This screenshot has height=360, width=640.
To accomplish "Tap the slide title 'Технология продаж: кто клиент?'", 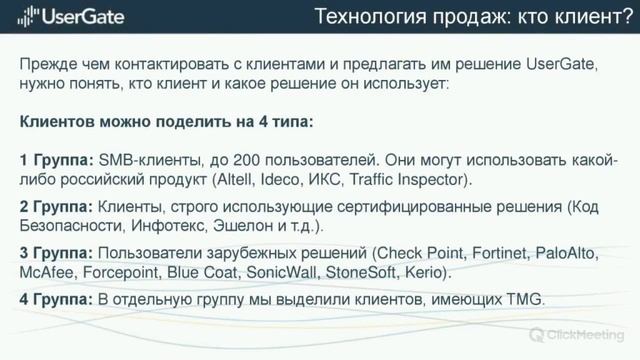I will (470, 16).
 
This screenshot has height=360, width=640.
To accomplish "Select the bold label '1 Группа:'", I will (56, 160).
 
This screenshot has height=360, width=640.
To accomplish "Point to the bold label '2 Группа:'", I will (56, 207).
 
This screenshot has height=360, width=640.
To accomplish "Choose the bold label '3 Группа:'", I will (56, 252).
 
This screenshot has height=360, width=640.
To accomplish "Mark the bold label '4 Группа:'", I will (56, 299).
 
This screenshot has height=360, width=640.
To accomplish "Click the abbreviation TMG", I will (522, 299).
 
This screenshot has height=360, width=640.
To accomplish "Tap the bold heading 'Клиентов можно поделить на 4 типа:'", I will (166, 122).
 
